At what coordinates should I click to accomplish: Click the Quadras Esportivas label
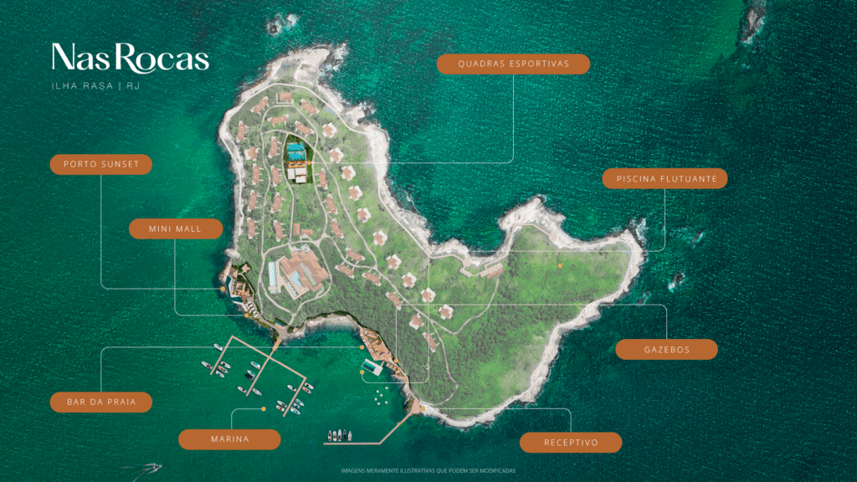pos(513,64)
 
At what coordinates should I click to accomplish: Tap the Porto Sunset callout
pos(100,165)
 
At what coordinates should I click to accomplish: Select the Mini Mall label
pos(176,229)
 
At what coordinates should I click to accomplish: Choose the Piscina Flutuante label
pos(665,178)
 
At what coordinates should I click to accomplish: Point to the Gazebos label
pos(666,350)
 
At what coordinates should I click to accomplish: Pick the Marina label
pos(229,439)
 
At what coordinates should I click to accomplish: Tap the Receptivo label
pos(571,443)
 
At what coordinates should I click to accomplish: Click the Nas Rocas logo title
pos(130,59)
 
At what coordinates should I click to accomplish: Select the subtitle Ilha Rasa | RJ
pos(96,86)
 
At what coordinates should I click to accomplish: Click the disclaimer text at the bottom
pos(428,471)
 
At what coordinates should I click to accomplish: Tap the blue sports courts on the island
pos(294,151)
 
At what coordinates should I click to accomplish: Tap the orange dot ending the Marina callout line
pos(264,408)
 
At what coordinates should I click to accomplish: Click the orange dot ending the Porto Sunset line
pos(223,289)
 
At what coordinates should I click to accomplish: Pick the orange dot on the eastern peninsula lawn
pos(560,264)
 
